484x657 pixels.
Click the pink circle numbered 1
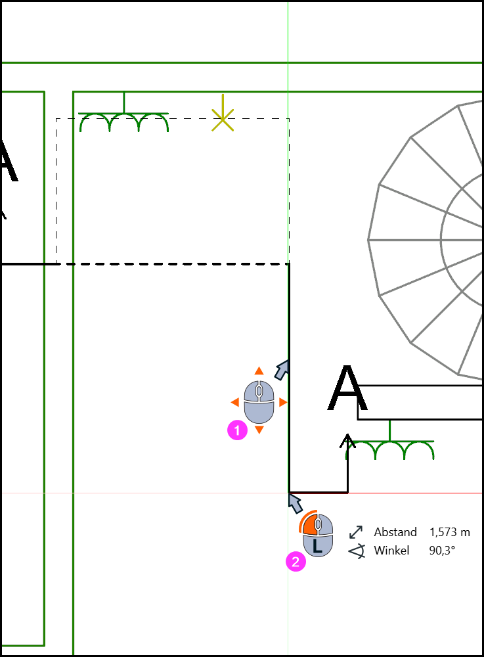coord(237,430)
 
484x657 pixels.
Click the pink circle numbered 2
coord(296,562)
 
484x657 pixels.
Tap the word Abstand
coord(395,532)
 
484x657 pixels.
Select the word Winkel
coord(391,551)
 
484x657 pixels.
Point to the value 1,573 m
coord(450,532)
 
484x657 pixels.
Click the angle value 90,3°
coord(442,551)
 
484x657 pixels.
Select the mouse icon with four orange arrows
coord(259,402)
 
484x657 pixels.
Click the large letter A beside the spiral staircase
coord(347,388)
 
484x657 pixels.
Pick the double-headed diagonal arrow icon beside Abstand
coord(356,532)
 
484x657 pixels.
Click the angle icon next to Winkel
coord(357,551)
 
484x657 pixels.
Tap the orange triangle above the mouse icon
coord(259,371)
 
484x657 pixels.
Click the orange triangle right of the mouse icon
coord(283,402)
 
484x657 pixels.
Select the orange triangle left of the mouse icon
coord(235,402)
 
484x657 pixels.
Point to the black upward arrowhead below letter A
coord(347,440)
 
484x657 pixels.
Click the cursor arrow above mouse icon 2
coord(295,503)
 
